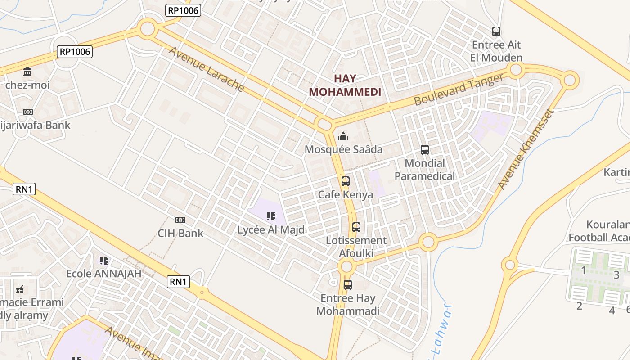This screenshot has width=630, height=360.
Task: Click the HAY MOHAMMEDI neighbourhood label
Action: (x=345, y=85)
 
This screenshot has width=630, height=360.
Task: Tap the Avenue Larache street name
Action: (x=207, y=69)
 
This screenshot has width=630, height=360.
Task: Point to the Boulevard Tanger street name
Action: (x=459, y=89)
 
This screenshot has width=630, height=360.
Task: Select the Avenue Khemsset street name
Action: (x=525, y=149)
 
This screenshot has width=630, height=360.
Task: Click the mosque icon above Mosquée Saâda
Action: (x=343, y=136)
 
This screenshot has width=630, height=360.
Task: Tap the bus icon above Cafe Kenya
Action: (x=346, y=181)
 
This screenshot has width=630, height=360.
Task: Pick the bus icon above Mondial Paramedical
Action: (x=425, y=150)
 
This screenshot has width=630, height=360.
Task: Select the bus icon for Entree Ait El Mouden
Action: (x=496, y=31)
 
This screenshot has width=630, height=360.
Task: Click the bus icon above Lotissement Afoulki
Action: (x=356, y=227)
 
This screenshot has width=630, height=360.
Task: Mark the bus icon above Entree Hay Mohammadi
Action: (x=348, y=285)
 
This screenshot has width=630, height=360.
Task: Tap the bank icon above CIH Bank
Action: (x=180, y=220)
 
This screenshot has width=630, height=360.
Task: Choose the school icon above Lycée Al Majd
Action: (x=271, y=216)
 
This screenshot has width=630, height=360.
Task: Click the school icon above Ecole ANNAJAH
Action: (x=104, y=260)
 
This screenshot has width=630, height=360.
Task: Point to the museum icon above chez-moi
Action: (x=27, y=72)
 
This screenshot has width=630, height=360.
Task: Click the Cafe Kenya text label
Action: (x=346, y=195)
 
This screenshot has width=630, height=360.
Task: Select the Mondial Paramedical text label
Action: (x=425, y=170)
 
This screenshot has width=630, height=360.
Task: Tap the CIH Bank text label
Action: (x=180, y=234)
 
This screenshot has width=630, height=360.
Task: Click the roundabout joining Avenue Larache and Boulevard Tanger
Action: (x=324, y=124)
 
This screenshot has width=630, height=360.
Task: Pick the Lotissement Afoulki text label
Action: (x=356, y=247)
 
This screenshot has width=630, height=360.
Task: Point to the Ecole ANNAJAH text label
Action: (x=104, y=274)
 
